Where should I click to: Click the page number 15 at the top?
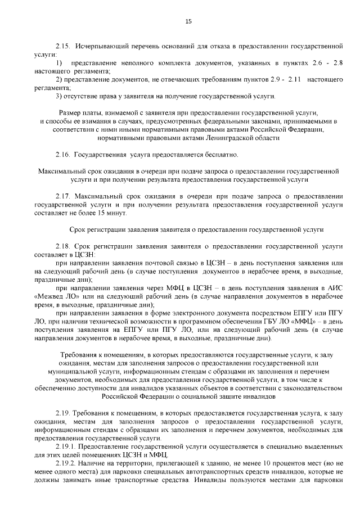188,21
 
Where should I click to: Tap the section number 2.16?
63,154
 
